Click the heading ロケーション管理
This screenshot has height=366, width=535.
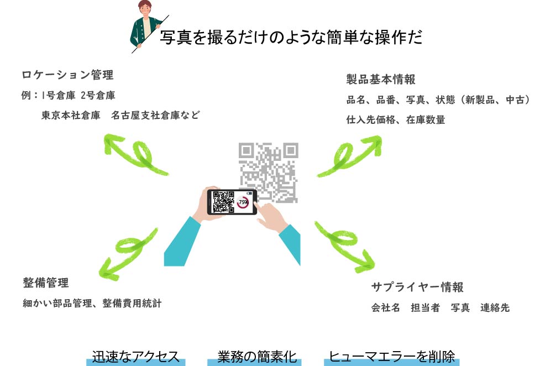(x=67, y=75)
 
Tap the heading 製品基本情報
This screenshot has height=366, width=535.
(x=381, y=79)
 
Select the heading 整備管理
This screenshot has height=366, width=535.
(x=46, y=283)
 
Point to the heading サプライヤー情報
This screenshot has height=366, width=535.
(x=417, y=287)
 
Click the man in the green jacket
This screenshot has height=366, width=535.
(x=145, y=24)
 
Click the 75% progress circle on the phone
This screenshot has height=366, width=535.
(x=243, y=202)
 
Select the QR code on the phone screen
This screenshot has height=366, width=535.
(x=223, y=202)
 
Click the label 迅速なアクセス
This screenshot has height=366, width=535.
(x=135, y=357)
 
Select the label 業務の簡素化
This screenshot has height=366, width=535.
(x=257, y=357)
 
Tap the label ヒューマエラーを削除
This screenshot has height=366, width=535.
(x=392, y=357)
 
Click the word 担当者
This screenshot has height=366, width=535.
(x=425, y=307)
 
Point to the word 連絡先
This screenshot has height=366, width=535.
(x=495, y=307)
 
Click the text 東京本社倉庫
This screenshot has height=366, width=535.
(x=71, y=116)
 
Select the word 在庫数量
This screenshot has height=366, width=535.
(x=426, y=119)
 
